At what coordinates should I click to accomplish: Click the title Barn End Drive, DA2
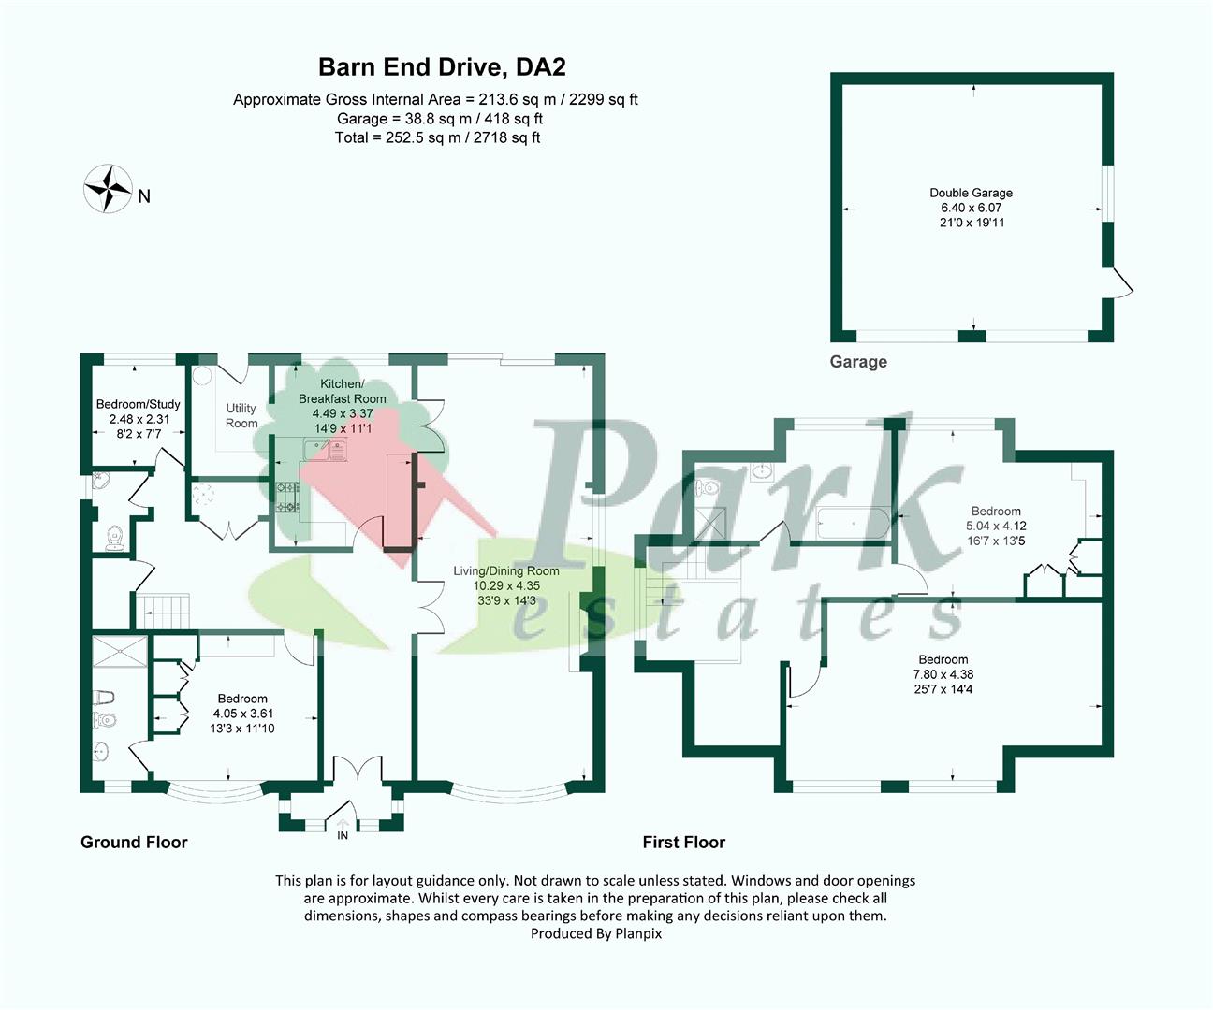pos(442,67)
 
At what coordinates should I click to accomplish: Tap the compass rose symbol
pos(108,189)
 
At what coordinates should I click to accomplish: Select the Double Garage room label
pos(971,193)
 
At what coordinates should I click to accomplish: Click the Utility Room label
pos(241,415)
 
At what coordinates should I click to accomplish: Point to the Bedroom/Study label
pos(139,404)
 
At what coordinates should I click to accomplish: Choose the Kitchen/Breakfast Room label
pos(343,391)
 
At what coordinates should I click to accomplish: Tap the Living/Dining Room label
pos(506,570)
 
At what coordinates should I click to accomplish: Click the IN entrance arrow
pos(343,825)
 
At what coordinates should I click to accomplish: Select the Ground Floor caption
pos(134,843)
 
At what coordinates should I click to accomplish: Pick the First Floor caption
pos(684,843)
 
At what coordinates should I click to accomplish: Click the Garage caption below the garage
pos(858,362)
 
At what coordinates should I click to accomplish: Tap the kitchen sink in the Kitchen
pos(326,449)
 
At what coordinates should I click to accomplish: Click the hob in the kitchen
pos(287,498)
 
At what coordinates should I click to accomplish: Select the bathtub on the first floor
pos(853,524)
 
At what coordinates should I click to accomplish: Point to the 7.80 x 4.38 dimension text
pos(943,674)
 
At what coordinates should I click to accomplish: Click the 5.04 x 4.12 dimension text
pos(996,526)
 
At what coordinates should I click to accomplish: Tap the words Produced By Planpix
pos(596,933)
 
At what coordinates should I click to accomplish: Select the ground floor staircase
pos(163,611)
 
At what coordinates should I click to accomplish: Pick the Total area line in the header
pos(437,137)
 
